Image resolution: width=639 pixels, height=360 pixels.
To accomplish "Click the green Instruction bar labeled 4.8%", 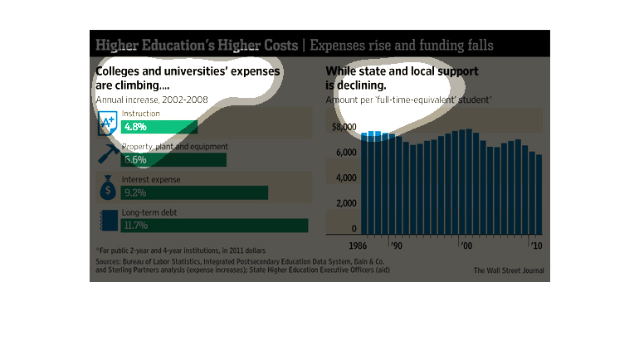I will [x=159, y=127].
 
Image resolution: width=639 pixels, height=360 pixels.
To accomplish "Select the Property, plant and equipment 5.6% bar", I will [x=173, y=159].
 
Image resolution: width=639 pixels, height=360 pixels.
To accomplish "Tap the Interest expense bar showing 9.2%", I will [x=194, y=192].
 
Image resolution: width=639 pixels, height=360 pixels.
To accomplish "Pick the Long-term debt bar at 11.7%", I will [x=214, y=225].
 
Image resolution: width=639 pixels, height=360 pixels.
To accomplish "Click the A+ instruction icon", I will [x=107, y=124].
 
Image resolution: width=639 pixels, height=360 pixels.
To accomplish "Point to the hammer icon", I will [x=107, y=154].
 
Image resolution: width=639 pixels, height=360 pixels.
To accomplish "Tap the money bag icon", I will [x=107, y=188].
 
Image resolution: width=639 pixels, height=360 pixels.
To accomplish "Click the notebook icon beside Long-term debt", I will [x=107, y=221].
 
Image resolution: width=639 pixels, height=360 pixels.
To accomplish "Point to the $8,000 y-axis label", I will [x=343, y=127].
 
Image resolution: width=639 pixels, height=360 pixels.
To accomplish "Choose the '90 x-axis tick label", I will [x=396, y=247].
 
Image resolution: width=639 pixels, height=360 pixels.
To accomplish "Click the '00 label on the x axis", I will [x=466, y=247].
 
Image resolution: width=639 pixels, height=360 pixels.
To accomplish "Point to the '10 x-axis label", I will [x=535, y=247].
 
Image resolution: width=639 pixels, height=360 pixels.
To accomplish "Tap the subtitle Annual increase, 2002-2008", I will [x=152, y=100].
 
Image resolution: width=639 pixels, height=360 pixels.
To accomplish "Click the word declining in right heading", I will [x=360, y=85].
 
